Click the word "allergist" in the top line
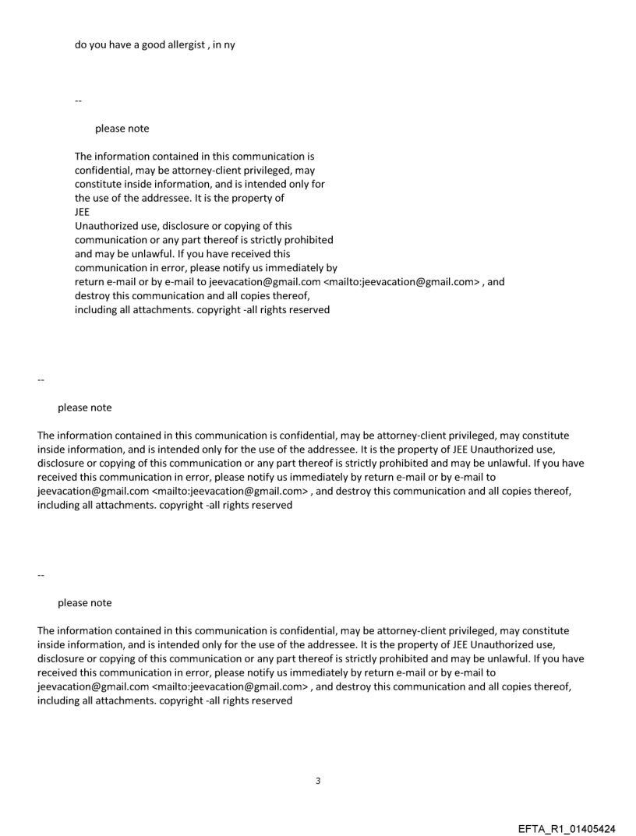click(188, 44)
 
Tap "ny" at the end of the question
click(229, 44)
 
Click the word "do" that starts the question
click(81, 44)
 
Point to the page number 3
click(317, 781)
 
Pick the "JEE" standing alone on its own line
click(83, 212)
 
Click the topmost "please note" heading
click(122, 129)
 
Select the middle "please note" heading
click(84, 408)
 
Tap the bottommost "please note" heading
click(84, 603)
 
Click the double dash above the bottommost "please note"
click(41, 576)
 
